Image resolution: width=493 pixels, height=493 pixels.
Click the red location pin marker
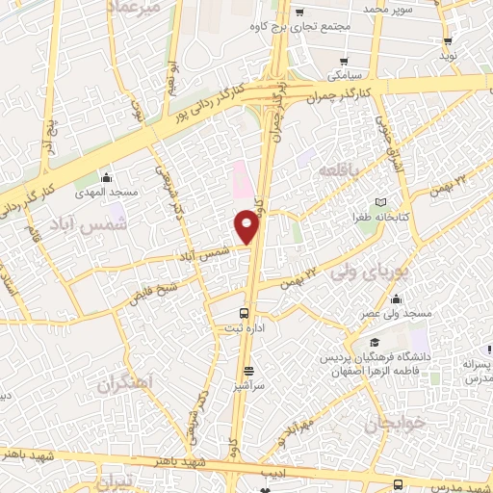coord(248,227)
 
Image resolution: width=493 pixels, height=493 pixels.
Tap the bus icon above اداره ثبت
coord(245,313)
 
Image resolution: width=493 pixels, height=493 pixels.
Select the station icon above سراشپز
coord(249,370)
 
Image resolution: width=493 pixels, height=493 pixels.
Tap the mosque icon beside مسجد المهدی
coord(105,177)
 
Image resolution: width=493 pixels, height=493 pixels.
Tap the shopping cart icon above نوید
coord(448,41)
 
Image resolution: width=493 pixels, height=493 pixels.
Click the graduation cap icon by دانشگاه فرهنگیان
coord(371,342)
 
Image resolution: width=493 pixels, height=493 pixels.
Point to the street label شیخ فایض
coord(151,294)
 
